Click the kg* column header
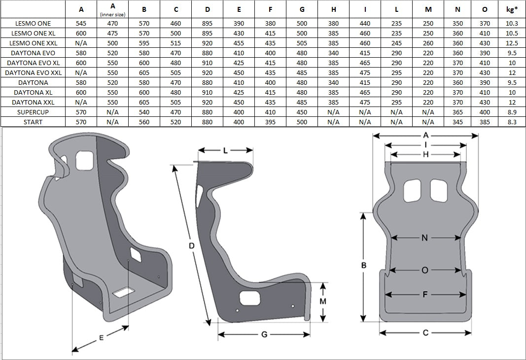(512, 8)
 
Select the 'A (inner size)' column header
(113, 9)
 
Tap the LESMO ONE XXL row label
(33, 43)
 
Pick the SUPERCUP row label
(33, 112)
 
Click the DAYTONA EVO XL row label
(33, 63)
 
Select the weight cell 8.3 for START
(512, 122)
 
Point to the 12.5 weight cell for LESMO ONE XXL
(512, 43)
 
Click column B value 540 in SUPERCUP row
(144, 112)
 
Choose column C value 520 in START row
(175, 122)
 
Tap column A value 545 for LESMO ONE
(81, 23)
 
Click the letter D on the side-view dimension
(192, 246)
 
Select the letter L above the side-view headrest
(226, 151)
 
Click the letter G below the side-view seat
(264, 334)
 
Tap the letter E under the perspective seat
(101, 338)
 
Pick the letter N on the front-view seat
(425, 238)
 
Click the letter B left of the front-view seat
(364, 265)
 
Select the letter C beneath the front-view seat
(425, 333)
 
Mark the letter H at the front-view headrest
(425, 154)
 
